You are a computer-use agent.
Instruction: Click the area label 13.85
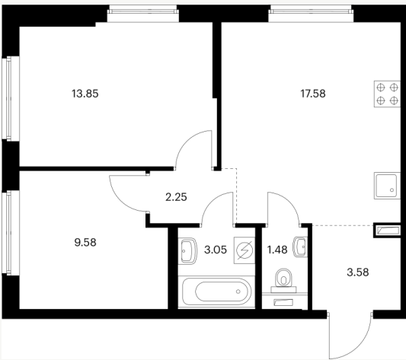coord(85,94)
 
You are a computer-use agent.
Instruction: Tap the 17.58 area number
coord(313,94)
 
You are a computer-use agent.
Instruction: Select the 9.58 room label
coord(85,243)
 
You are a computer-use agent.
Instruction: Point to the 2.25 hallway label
coord(176,197)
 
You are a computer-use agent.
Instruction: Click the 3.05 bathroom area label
coord(216,250)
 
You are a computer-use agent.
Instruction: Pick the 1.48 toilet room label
coord(277,250)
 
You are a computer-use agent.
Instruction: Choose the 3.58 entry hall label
coord(358,272)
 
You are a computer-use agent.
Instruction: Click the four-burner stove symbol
coord(387,94)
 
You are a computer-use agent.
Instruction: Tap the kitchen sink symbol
coord(387,186)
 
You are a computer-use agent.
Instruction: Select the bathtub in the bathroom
coord(216,292)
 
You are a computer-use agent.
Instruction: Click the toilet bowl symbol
coord(284,280)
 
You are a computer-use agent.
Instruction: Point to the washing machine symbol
coord(245,250)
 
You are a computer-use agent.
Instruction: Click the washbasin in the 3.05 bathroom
coord(188,251)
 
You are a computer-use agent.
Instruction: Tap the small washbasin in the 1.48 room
coord(300,247)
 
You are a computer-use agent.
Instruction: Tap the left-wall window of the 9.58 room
coord(9,233)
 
